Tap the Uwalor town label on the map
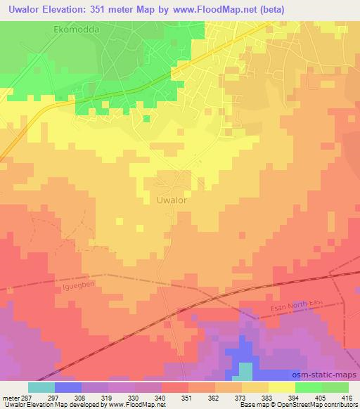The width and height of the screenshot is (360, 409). (x=172, y=200)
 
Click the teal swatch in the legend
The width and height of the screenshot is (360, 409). (x=41, y=387)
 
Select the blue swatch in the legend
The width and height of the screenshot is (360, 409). (x=68, y=387)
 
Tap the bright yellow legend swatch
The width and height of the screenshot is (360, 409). (x=281, y=387)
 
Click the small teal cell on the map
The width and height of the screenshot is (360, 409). (x=245, y=370)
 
